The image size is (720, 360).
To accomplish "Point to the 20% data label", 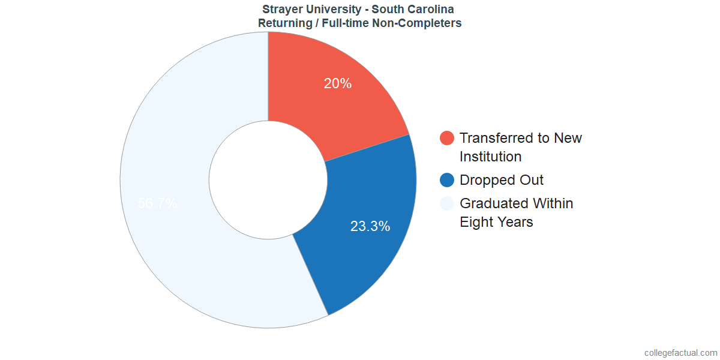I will pos(338,84).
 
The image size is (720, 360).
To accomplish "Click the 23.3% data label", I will pos(370,227).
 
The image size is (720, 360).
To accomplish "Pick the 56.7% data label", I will pos(157,203).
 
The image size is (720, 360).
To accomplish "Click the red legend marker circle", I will pos(447,139).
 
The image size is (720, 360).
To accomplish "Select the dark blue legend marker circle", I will pos(447,180).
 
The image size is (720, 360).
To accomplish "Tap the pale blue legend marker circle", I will pos(447,204).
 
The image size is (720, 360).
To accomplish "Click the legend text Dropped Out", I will pos(502,180).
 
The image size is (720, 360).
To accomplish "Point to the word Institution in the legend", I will pos(490,157).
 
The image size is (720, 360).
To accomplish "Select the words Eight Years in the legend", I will pos(496,222).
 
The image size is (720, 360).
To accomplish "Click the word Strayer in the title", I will pos(282,10).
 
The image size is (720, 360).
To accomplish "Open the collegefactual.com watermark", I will pos(680,353).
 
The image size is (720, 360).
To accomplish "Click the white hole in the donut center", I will pos(268,180).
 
